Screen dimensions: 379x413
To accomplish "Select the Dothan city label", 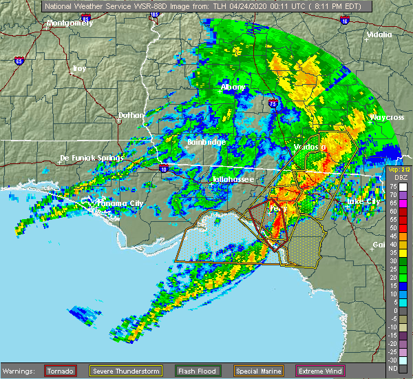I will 131,115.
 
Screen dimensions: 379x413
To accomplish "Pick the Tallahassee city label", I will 233,179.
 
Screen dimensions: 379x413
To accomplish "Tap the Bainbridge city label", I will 206,142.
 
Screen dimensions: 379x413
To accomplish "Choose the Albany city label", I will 233,87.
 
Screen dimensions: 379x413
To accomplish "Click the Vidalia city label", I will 379,34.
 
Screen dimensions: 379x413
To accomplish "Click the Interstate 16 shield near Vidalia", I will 344,21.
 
